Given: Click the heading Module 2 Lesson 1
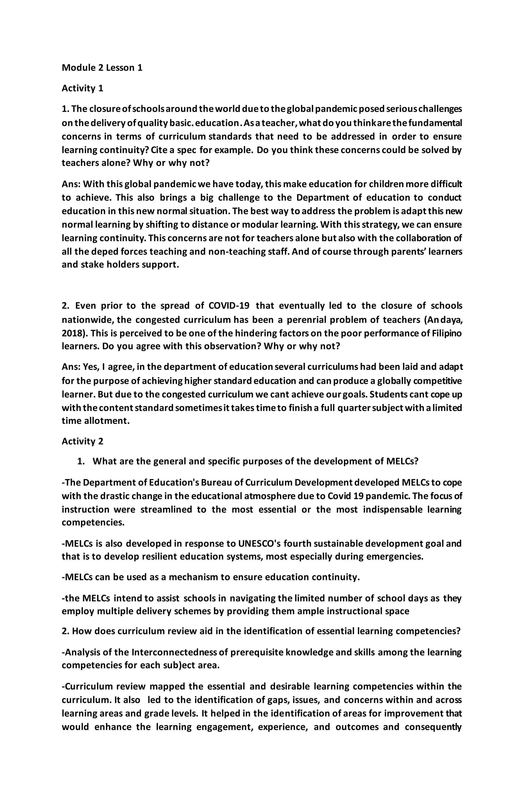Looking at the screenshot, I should point(102,68).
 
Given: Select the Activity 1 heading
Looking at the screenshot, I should point(82,88).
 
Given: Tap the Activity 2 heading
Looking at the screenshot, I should point(82,441).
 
